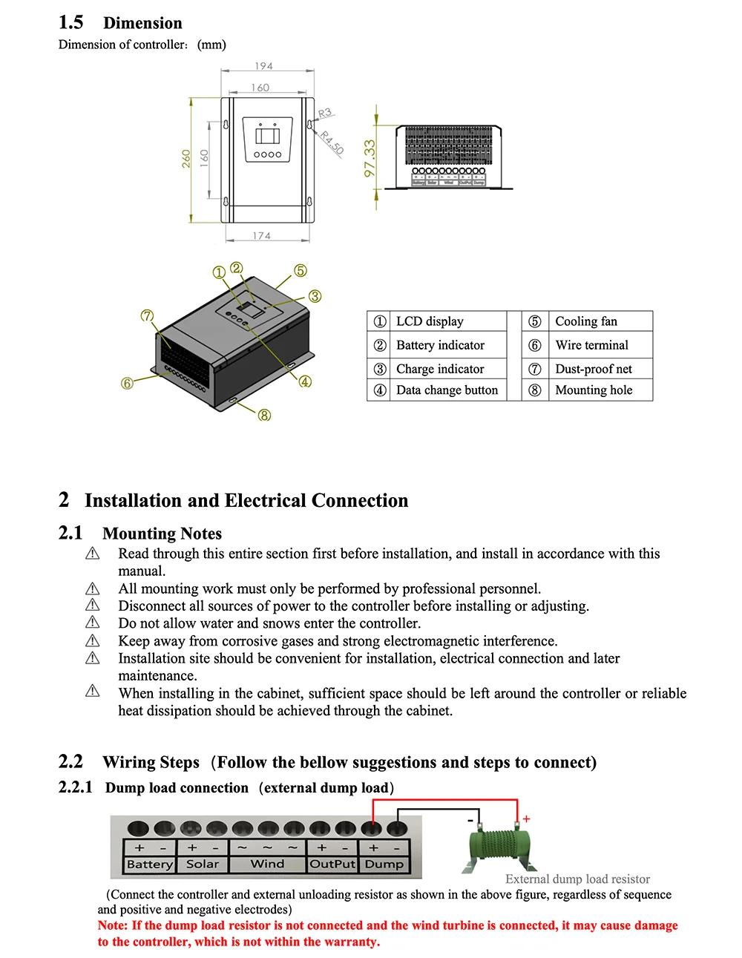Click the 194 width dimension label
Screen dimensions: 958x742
(263, 66)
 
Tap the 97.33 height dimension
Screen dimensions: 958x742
(370, 158)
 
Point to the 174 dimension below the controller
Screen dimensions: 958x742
(261, 236)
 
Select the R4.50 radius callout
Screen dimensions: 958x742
(332, 142)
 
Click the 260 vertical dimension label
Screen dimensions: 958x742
(186, 158)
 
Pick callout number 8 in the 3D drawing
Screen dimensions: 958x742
(264, 415)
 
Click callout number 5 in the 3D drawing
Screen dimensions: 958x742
(301, 270)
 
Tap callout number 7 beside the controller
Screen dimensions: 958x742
(147, 316)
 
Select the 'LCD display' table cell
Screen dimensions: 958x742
(430, 321)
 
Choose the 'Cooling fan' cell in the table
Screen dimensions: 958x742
(586, 321)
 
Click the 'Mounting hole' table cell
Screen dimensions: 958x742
(594, 390)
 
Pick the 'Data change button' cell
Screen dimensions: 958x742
(447, 390)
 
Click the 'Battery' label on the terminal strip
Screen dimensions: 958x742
(149, 864)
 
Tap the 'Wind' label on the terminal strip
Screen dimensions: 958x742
(267, 864)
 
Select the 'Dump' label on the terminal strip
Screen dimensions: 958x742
(384, 864)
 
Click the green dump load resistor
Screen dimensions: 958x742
(502, 847)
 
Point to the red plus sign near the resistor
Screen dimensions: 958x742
(526, 819)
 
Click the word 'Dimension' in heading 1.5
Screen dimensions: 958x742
(142, 23)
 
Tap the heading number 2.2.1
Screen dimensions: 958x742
(76, 787)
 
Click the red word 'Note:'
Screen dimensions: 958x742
(113, 925)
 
